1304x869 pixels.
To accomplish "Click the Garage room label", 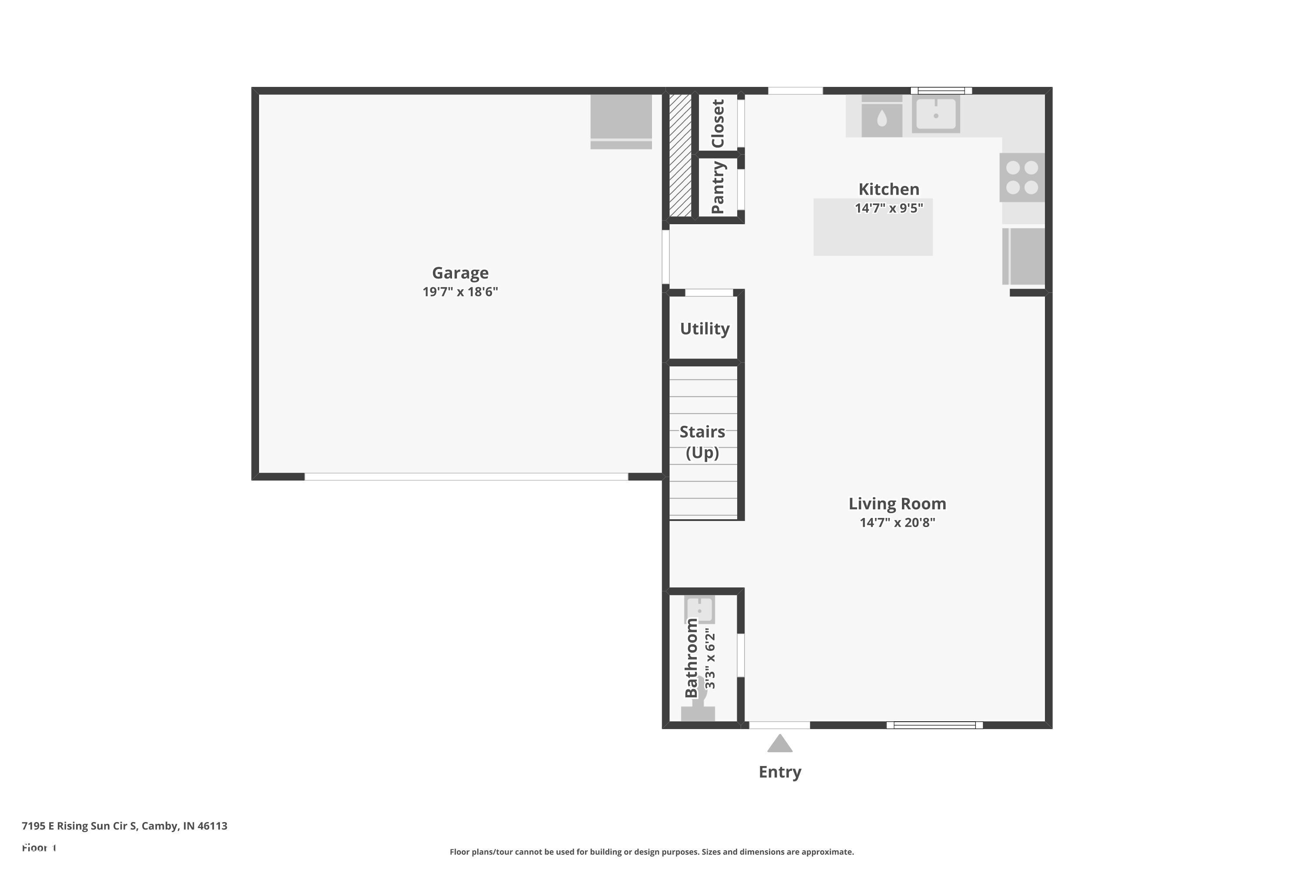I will (x=460, y=273).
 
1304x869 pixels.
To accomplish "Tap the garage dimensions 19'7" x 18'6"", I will (x=460, y=292).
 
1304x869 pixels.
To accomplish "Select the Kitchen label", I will (x=889, y=189).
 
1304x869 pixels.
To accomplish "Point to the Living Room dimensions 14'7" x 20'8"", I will (x=897, y=523).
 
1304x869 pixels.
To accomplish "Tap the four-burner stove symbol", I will (x=1022, y=177).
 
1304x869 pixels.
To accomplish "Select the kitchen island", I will (x=873, y=233).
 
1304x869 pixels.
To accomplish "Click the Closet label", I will (x=718, y=123).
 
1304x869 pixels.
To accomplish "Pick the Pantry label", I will (x=718, y=187).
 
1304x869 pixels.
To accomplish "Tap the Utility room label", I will (x=705, y=328).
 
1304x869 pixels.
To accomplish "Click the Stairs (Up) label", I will (x=702, y=442).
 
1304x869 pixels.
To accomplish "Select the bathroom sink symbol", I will (x=700, y=610).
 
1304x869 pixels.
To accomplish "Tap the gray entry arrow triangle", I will (x=779, y=744).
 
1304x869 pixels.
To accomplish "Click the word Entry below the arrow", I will (x=779, y=772).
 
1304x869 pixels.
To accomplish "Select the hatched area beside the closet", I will (x=680, y=155).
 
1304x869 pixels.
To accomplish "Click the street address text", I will (x=124, y=826).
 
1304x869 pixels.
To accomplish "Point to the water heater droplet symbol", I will (x=882, y=119).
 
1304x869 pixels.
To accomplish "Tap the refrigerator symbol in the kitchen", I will (x=1024, y=256).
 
